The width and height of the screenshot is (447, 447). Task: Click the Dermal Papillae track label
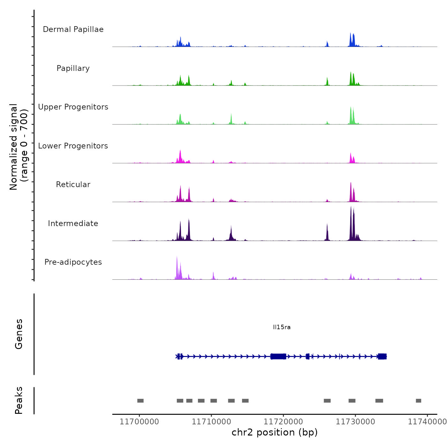[x=73, y=29]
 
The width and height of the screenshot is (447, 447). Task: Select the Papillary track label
[x=73, y=68]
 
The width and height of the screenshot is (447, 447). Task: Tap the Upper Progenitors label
[x=73, y=107]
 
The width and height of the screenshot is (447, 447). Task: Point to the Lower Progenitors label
[x=73, y=146]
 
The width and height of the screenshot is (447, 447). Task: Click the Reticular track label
[x=73, y=185]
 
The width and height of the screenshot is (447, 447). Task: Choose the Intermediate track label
[x=73, y=223]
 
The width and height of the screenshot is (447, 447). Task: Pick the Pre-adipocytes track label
[x=73, y=262]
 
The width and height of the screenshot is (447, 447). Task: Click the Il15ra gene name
[x=282, y=327]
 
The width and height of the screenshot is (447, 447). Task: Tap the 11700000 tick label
[x=139, y=422]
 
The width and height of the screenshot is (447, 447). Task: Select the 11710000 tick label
[x=211, y=422]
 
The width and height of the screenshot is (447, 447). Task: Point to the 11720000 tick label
[x=283, y=422]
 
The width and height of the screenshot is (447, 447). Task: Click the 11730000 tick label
[x=355, y=422]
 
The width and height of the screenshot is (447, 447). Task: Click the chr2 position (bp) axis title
[x=275, y=432]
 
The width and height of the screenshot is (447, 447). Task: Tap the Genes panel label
[x=19, y=334]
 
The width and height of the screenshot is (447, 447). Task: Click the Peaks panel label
[x=19, y=400]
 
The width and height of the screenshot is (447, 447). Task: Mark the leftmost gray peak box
[x=140, y=401]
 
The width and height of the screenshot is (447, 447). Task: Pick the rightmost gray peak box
[x=419, y=401]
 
